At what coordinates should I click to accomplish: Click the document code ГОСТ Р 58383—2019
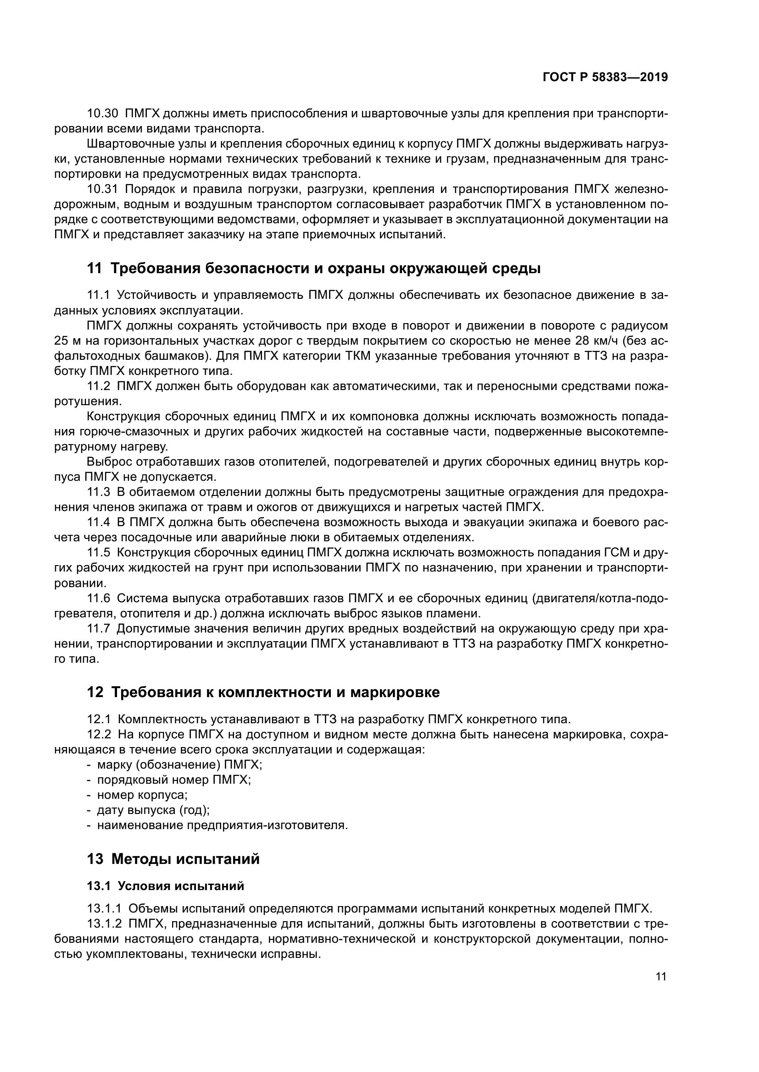coord(605,77)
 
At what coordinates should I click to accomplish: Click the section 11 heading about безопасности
coord(314,269)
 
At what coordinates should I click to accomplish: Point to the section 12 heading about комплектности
coord(263,692)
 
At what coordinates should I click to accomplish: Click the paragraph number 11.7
coord(99,628)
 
